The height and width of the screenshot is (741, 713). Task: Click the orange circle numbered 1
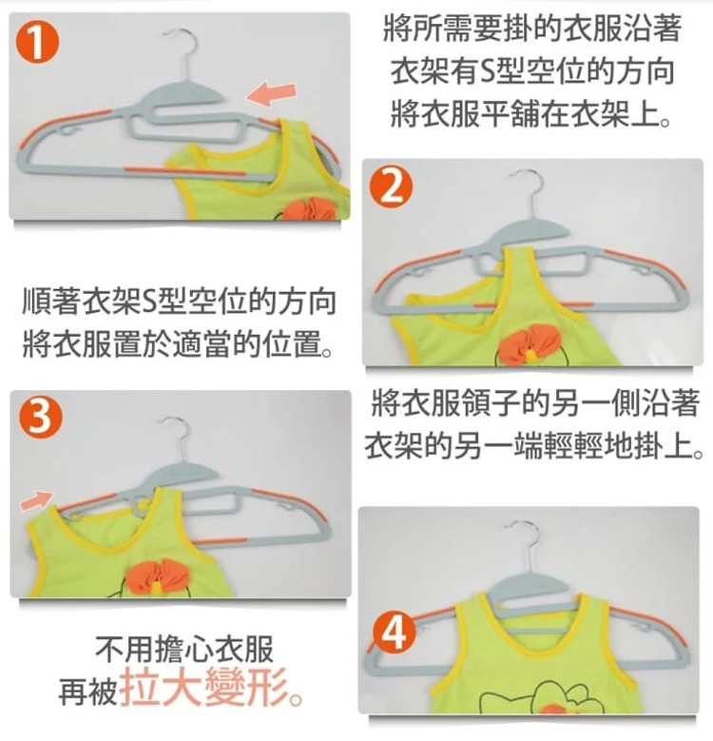tap(38, 43)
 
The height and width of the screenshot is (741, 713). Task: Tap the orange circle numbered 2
tap(391, 187)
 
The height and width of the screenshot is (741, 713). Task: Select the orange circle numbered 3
tap(41, 419)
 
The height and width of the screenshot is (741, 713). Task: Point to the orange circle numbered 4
tap(395, 633)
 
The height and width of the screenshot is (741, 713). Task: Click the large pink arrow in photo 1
tap(272, 94)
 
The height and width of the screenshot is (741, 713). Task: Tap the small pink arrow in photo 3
tap(37, 501)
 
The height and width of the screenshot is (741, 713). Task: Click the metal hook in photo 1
tap(182, 52)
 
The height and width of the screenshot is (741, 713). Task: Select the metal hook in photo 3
tap(177, 439)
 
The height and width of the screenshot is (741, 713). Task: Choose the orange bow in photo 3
tap(156, 576)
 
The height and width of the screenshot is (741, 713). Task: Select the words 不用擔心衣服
tap(184, 650)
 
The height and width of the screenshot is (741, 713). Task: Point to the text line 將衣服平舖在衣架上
tap(531, 114)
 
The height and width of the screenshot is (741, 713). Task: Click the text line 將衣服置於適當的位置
tap(178, 343)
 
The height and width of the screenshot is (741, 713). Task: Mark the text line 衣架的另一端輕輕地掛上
tap(533, 445)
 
